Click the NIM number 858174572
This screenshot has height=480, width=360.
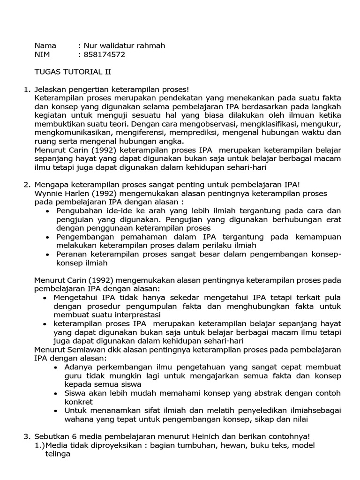point(105,55)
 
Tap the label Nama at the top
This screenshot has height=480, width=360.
point(45,46)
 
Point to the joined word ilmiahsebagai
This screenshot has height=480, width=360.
point(289,411)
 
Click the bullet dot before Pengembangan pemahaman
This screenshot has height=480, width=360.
point(47,238)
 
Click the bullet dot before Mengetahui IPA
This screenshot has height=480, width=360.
point(45,297)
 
